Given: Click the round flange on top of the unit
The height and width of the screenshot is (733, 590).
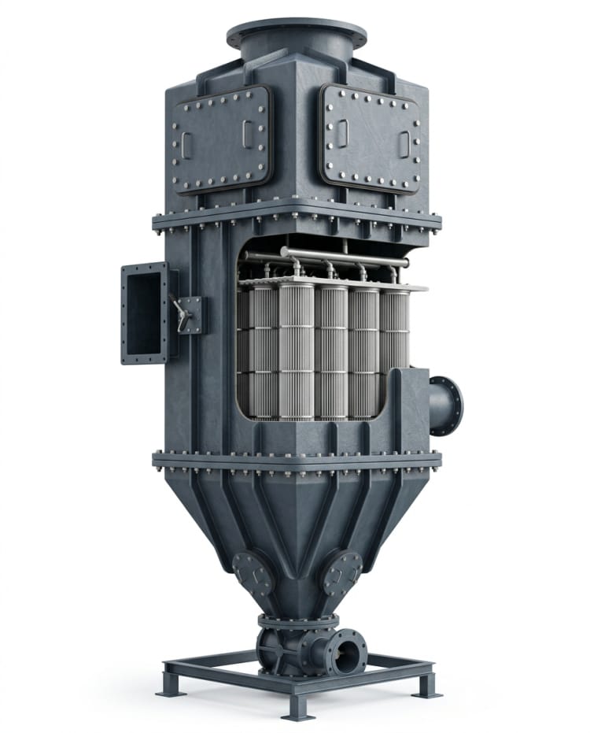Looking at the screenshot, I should [x=296, y=34].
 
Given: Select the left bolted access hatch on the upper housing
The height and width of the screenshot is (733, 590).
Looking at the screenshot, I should [x=221, y=139].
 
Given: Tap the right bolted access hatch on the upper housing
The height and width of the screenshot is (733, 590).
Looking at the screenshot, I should [x=370, y=139].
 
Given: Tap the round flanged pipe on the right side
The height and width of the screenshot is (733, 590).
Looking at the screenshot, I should [x=447, y=405].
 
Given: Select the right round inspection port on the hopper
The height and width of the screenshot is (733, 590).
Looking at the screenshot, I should [x=342, y=572].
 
